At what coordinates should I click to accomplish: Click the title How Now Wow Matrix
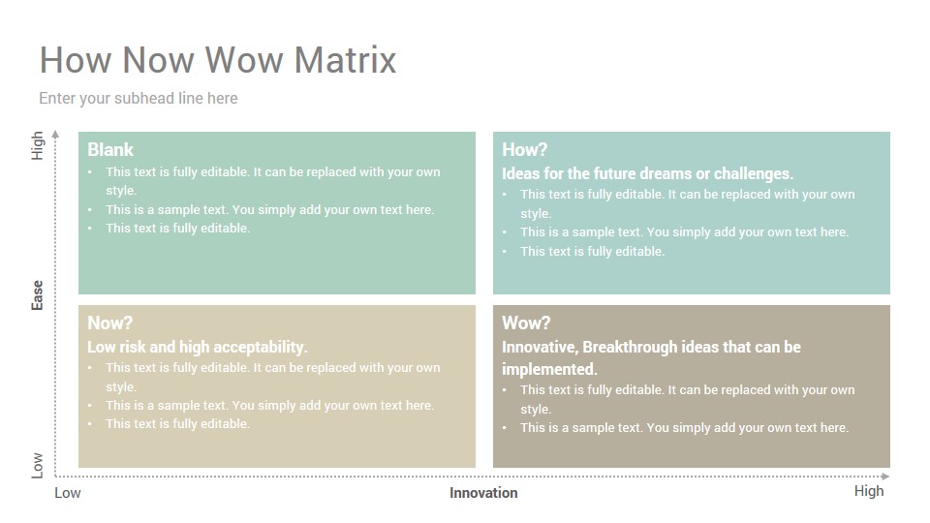click(x=218, y=60)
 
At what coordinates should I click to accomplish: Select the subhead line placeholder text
click(x=139, y=99)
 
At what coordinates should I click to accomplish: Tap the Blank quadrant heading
click(x=110, y=149)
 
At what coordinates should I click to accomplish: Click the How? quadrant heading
click(x=524, y=149)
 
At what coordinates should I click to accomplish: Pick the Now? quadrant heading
click(x=109, y=323)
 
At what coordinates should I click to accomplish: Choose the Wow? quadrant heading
click(x=526, y=323)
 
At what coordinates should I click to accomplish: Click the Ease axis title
click(x=38, y=295)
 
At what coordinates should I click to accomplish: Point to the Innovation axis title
click(x=483, y=493)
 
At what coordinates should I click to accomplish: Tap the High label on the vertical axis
click(x=38, y=145)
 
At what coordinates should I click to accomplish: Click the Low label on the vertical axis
click(x=38, y=466)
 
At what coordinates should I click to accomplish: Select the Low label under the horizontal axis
click(x=68, y=493)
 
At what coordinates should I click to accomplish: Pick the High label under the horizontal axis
click(x=869, y=491)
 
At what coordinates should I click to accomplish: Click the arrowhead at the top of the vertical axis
click(x=55, y=134)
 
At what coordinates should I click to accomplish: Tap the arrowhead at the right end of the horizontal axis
click(x=885, y=477)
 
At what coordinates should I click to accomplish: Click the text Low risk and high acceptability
click(x=198, y=347)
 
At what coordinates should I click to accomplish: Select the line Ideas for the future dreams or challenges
click(x=648, y=173)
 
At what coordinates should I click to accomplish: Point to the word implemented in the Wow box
click(x=549, y=369)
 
